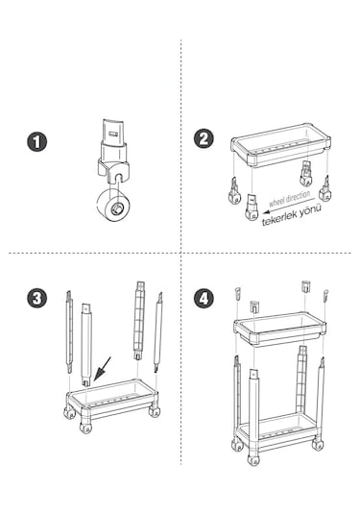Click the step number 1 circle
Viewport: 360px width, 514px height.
coord(36,141)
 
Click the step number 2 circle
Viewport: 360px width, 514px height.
coord(204,138)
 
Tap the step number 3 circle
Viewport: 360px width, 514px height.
coord(36,298)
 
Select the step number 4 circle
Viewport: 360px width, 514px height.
coord(204,298)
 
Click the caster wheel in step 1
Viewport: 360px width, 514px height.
coord(113,205)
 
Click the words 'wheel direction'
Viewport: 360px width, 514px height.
coord(289,198)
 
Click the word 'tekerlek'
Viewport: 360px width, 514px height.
coord(279,219)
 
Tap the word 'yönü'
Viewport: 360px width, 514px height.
coord(310,209)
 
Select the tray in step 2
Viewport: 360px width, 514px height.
coord(280,145)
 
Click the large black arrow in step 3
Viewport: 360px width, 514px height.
coord(102,369)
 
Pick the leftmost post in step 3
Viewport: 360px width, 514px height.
coord(69,331)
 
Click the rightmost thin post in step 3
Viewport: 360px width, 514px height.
coord(157,332)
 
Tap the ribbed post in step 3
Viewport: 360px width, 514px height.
coord(139,320)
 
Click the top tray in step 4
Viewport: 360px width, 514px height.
coord(279,328)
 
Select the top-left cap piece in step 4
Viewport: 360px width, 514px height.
coord(238,293)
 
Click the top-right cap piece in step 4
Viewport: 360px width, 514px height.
coord(325,295)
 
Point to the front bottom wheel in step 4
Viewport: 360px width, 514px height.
coord(252,460)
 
